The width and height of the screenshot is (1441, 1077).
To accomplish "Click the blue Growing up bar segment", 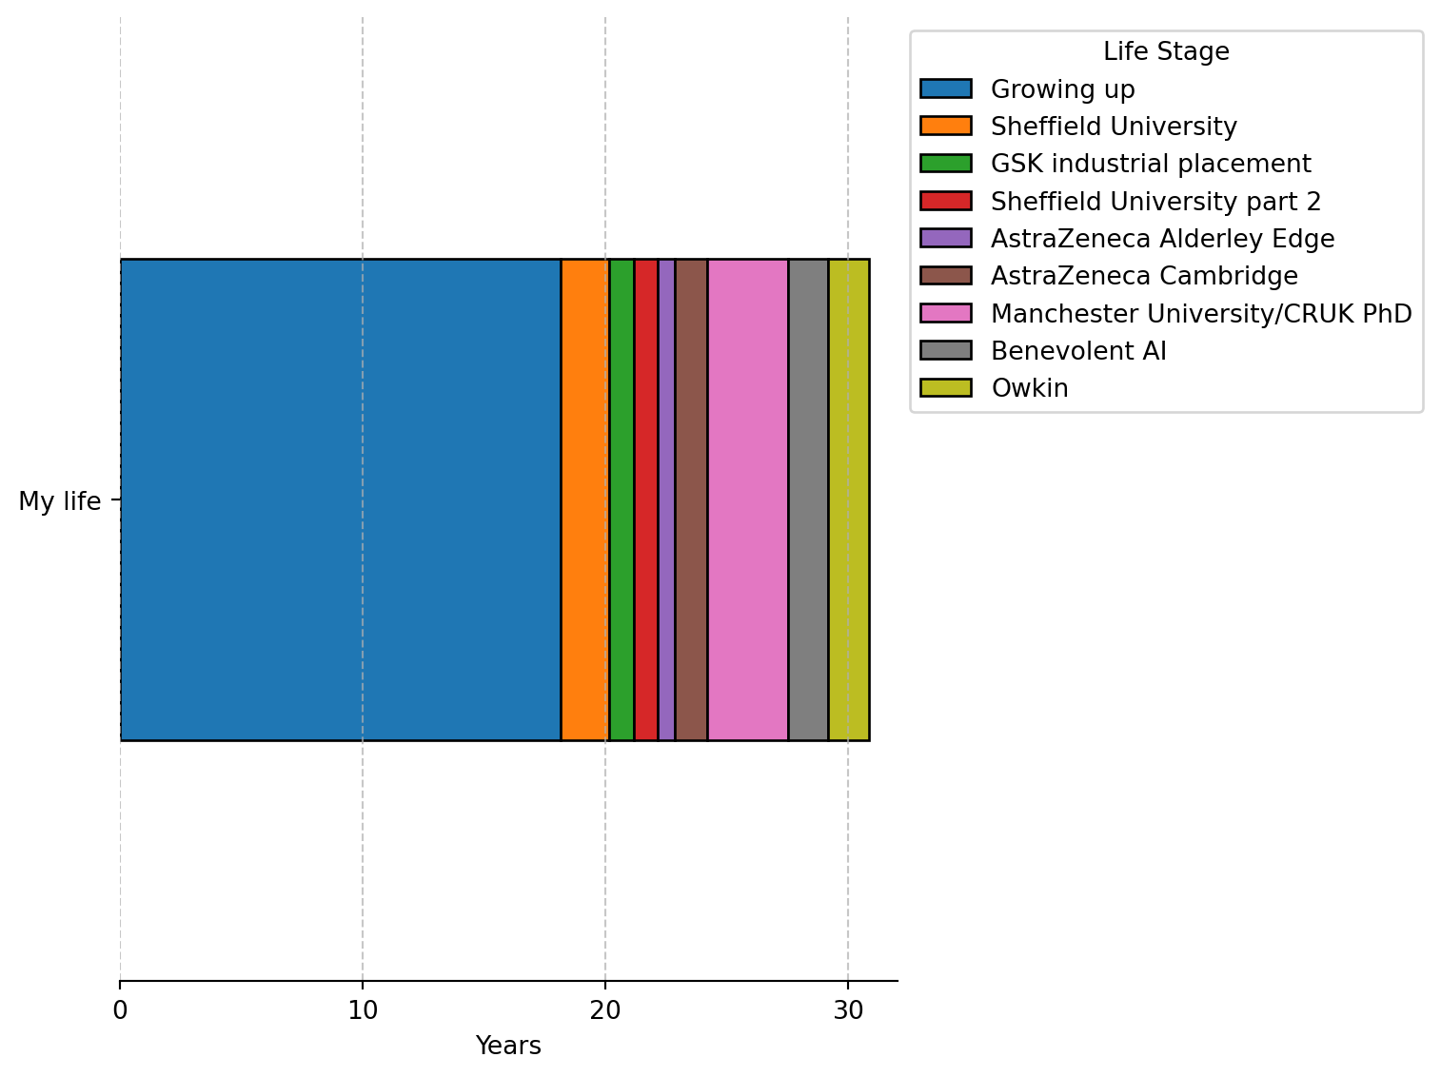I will (x=340, y=499).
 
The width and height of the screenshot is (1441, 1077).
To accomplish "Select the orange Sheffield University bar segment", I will (x=584, y=499).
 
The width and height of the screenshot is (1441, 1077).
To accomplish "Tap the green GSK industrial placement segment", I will (x=622, y=499).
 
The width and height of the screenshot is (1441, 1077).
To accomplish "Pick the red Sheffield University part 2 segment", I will (x=645, y=499).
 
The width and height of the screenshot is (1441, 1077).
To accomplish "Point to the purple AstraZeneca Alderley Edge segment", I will (x=666, y=499).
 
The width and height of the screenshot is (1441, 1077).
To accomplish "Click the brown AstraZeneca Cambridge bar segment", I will (x=691, y=499).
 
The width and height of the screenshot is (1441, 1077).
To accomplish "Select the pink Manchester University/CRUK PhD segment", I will (x=747, y=499).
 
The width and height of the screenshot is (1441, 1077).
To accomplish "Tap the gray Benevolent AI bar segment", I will (x=808, y=499).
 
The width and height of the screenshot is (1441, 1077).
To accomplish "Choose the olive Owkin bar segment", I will (x=848, y=499).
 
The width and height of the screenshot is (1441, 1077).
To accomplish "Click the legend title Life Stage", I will (x=1166, y=51).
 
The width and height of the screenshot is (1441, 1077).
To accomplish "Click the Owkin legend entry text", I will (x=1029, y=388).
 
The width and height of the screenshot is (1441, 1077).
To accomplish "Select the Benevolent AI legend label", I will (x=1078, y=351).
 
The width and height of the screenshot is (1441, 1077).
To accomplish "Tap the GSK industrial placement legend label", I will (x=1151, y=164).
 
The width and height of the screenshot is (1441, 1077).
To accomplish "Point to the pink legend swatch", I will (x=945, y=313).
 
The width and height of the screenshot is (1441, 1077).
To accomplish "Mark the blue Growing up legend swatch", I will (x=945, y=88).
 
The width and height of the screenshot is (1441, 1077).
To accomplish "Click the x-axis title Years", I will (x=508, y=1046).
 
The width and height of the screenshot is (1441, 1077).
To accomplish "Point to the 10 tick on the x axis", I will (x=363, y=1009).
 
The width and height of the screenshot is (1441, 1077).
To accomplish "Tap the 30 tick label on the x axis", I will (x=848, y=1009).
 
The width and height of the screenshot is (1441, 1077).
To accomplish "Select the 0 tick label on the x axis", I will (x=120, y=1009).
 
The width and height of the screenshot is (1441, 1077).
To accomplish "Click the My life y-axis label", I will (x=59, y=501).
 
